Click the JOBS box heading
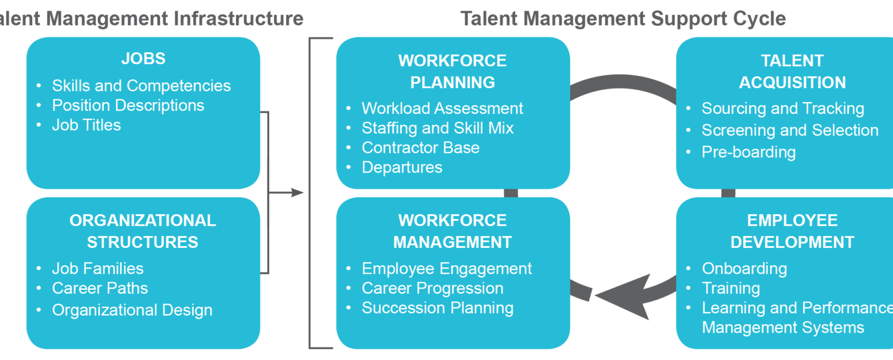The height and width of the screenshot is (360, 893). (x=143, y=59)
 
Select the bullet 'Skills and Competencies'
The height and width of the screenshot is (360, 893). (x=141, y=86)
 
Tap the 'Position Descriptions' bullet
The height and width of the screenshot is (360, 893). (x=128, y=105)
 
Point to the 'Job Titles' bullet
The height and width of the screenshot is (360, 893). (x=87, y=125)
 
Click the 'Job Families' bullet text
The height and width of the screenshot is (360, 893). (x=98, y=268)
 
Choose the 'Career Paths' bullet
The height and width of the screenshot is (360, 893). (x=100, y=288)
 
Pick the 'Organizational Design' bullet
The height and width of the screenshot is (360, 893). (x=132, y=310)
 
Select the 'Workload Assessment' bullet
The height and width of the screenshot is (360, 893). (x=442, y=108)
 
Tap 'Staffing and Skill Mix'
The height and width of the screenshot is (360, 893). (x=438, y=128)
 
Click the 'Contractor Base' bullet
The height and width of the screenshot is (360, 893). (x=420, y=147)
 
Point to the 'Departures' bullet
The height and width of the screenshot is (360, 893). (x=402, y=167)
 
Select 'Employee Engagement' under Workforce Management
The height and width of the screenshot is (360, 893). (x=446, y=268)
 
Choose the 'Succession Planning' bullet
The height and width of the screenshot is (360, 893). (x=438, y=308)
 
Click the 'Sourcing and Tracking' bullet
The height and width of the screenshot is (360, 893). (x=782, y=108)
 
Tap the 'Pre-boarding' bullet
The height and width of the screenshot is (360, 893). (x=748, y=152)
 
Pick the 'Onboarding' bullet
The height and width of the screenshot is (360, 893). (x=745, y=268)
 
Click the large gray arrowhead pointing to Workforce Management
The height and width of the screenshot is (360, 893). (x=622, y=296)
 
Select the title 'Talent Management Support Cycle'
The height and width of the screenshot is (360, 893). (x=623, y=19)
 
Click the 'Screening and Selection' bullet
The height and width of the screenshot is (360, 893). (x=790, y=130)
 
